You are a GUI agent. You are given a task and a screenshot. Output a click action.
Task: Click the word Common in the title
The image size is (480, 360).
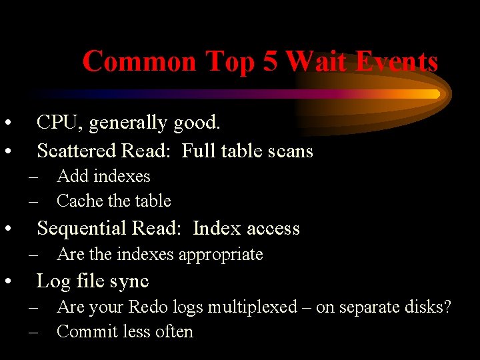[x=139, y=61]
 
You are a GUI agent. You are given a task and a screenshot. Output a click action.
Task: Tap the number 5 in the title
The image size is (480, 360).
[x=270, y=61]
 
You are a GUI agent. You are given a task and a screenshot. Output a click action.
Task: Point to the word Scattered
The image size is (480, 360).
[x=75, y=151]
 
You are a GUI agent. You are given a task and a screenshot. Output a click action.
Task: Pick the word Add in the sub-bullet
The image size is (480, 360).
[x=73, y=177]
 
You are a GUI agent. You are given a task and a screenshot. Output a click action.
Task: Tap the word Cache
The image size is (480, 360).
[x=79, y=201]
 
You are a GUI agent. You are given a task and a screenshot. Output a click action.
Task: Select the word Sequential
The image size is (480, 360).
[x=83, y=229]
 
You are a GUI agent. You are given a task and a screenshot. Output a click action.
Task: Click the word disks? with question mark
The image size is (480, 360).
[x=429, y=307]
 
